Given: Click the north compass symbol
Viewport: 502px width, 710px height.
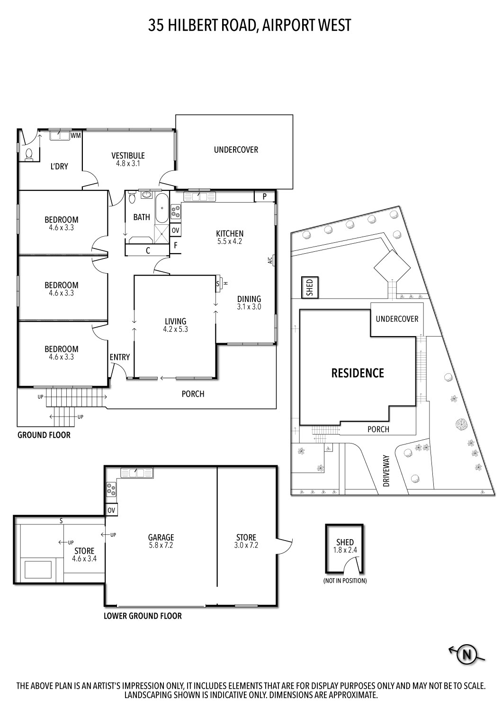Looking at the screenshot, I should coord(466,655).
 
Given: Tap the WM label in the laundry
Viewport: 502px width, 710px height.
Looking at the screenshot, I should coord(76,136).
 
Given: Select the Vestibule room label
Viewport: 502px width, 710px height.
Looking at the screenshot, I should coord(128,155).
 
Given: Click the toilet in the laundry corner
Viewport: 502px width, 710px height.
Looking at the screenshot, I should coord(29,155).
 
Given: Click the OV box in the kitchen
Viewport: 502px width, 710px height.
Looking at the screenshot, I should coord(175,231).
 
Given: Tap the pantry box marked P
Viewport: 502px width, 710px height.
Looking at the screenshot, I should coord(265,196).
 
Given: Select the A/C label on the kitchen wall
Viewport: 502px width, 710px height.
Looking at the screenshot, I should coord(270,260).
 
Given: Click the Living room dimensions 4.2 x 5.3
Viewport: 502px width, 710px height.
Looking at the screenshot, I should coord(175,329).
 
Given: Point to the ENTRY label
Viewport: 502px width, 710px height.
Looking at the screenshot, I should coord(119,357).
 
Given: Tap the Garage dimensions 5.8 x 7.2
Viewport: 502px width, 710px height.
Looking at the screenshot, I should coord(161,545).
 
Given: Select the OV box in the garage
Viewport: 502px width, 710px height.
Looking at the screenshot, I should coord(112,510).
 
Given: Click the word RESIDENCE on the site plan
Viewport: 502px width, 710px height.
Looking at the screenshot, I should coord(358,373).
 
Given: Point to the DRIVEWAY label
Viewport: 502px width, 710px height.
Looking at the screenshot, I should coord(386,471).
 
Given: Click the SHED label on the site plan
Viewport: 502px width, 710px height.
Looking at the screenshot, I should coord(310,288).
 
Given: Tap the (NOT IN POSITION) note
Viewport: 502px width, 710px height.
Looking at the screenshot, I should coord(345,580).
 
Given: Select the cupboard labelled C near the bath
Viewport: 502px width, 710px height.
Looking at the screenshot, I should coord(148,251).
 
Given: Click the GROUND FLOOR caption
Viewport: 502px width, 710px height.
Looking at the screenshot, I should coord(44,435).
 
